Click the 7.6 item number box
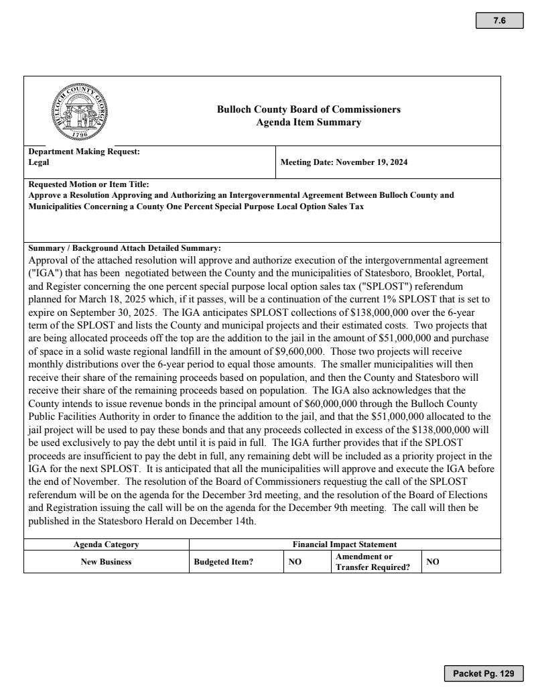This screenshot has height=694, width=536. point(499,21)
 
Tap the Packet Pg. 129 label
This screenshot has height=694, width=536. point(483,673)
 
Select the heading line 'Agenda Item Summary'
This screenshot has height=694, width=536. point(309,122)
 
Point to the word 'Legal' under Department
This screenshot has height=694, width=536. point(39,162)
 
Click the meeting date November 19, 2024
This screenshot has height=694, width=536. point(344,162)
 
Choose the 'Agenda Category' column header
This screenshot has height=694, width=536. point(107,544)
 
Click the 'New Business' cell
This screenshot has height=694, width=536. point(107,562)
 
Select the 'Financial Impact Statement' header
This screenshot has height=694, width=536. point(344,544)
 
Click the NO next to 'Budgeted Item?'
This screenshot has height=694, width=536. point(295,562)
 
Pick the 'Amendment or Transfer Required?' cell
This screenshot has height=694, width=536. point(372,562)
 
